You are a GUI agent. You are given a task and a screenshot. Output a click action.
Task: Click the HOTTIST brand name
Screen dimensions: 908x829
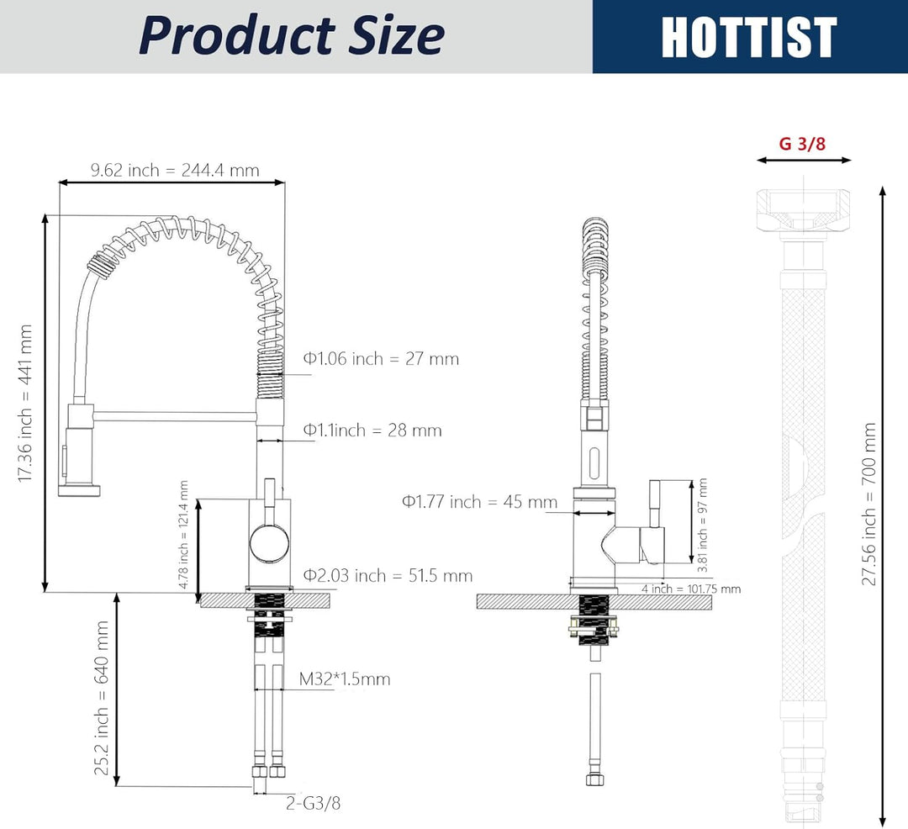pos(749,36)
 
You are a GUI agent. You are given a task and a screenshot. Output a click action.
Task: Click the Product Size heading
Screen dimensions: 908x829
pos(291,35)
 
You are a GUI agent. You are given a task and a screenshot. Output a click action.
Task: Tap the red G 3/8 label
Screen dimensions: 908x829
pos(802,143)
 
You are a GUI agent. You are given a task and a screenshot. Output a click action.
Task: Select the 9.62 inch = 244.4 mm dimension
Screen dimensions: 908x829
pos(175,170)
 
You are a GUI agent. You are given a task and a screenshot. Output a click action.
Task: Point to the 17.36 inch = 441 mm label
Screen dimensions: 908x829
pos(24,404)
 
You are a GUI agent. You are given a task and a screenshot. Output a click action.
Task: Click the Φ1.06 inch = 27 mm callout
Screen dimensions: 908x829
pos(381,359)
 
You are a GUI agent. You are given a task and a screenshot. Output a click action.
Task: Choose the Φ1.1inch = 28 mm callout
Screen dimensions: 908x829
pos(372,430)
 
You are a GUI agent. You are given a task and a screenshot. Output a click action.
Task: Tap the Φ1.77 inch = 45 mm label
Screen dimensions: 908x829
pos(479,501)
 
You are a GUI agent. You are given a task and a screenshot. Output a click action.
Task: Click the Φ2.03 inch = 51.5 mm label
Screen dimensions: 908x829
pos(388,575)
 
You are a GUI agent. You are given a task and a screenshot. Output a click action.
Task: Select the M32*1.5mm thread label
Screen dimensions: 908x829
pos(345,679)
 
